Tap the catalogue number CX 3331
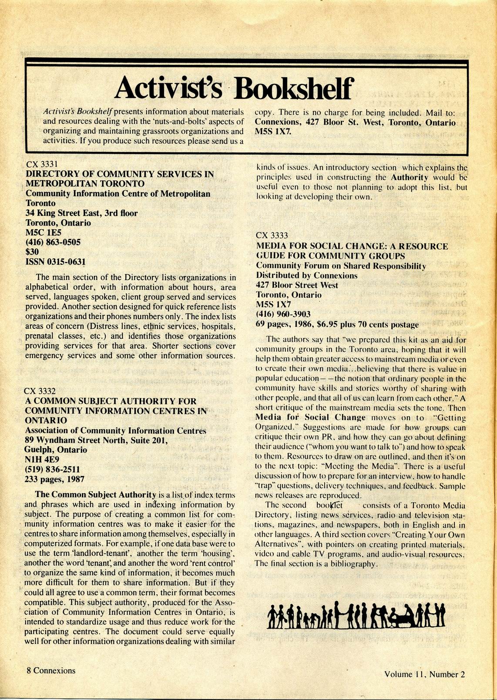tap(42, 165)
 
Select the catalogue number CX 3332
tap(40, 391)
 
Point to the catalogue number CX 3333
tap(272, 236)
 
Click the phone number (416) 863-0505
tap(53, 242)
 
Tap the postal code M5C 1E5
tap(44, 232)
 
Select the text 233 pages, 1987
tap(54, 479)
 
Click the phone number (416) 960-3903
tap(283, 314)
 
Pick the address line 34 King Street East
tap(81, 213)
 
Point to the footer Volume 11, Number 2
tap(424, 674)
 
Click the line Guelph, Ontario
tap(56, 450)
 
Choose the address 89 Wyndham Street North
tap(96, 440)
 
